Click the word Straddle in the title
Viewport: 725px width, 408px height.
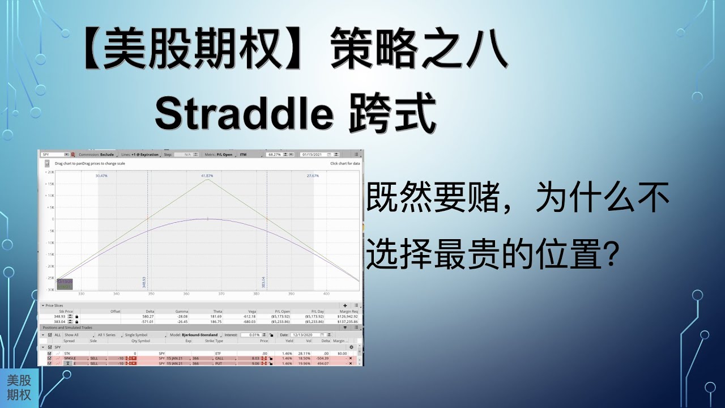244,115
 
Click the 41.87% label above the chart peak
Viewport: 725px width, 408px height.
208,176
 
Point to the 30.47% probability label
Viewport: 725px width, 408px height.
102,176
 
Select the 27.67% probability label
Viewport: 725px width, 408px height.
313,176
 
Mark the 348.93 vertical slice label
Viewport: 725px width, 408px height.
144,282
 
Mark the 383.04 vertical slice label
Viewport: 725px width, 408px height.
263,282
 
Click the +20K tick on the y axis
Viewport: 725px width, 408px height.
50,172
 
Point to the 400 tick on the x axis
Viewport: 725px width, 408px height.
326,294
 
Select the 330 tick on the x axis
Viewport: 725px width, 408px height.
81,294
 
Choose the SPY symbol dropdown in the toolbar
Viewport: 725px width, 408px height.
55,154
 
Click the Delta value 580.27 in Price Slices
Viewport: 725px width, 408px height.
148,316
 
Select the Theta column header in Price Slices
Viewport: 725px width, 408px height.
217,311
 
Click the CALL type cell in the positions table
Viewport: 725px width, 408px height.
219,358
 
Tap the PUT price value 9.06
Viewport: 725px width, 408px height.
255,363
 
